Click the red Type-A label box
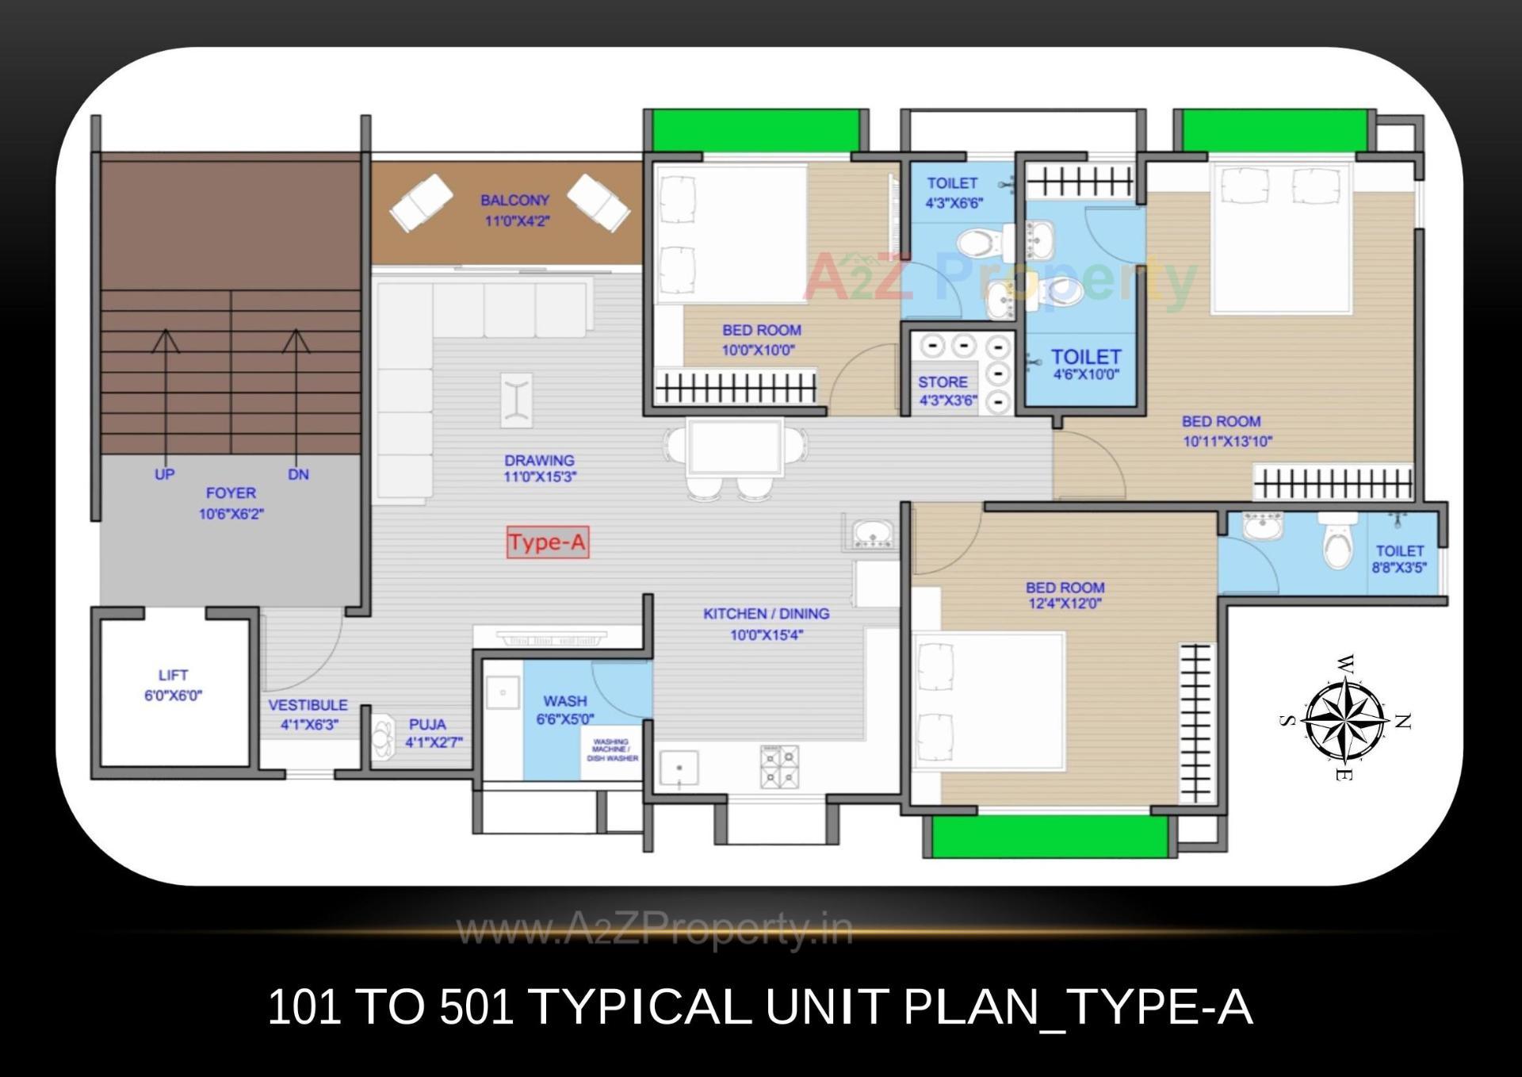548,542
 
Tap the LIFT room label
173,675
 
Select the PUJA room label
427,724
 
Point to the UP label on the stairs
164,474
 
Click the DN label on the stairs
298,474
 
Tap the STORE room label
943,382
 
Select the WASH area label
564,701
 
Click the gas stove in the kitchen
779,766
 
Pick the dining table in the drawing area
735,447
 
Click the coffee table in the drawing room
516,400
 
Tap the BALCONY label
514,201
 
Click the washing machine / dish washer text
611,750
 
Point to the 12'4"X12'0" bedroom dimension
1064,604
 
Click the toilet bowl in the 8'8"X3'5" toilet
1338,543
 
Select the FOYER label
231,493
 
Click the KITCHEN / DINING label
766,614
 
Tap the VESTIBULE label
308,705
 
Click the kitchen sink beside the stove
679,768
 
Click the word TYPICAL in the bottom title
639,1007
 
